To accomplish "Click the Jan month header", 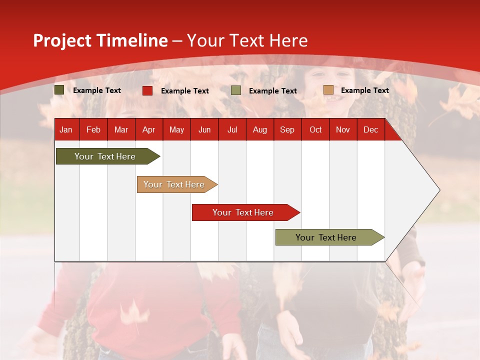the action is click(x=66, y=130).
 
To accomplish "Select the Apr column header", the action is click(x=149, y=130).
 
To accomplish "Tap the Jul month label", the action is click(x=232, y=130).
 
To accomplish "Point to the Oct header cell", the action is click(x=315, y=130).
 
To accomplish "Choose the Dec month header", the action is click(x=370, y=130).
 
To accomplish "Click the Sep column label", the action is click(x=287, y=130).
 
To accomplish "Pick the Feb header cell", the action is click(x=93, y=130).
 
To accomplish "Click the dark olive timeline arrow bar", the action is click(x=108, y=156).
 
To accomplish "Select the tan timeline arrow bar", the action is click(x=177, y=184).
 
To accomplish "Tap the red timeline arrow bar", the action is click(x=246, y=212).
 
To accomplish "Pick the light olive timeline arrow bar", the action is click(x=330, y=237).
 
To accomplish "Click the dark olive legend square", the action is click(x=59, y=90).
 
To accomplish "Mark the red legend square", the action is click(x=147, y=90).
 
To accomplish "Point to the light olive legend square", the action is click(x=235, y=90).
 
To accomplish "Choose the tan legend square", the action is click(x=328, y=89).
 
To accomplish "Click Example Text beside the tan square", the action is click(x=365, y=90).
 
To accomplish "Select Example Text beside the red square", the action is click(x=185, y=91).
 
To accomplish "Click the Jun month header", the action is click(x=204, y=130).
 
